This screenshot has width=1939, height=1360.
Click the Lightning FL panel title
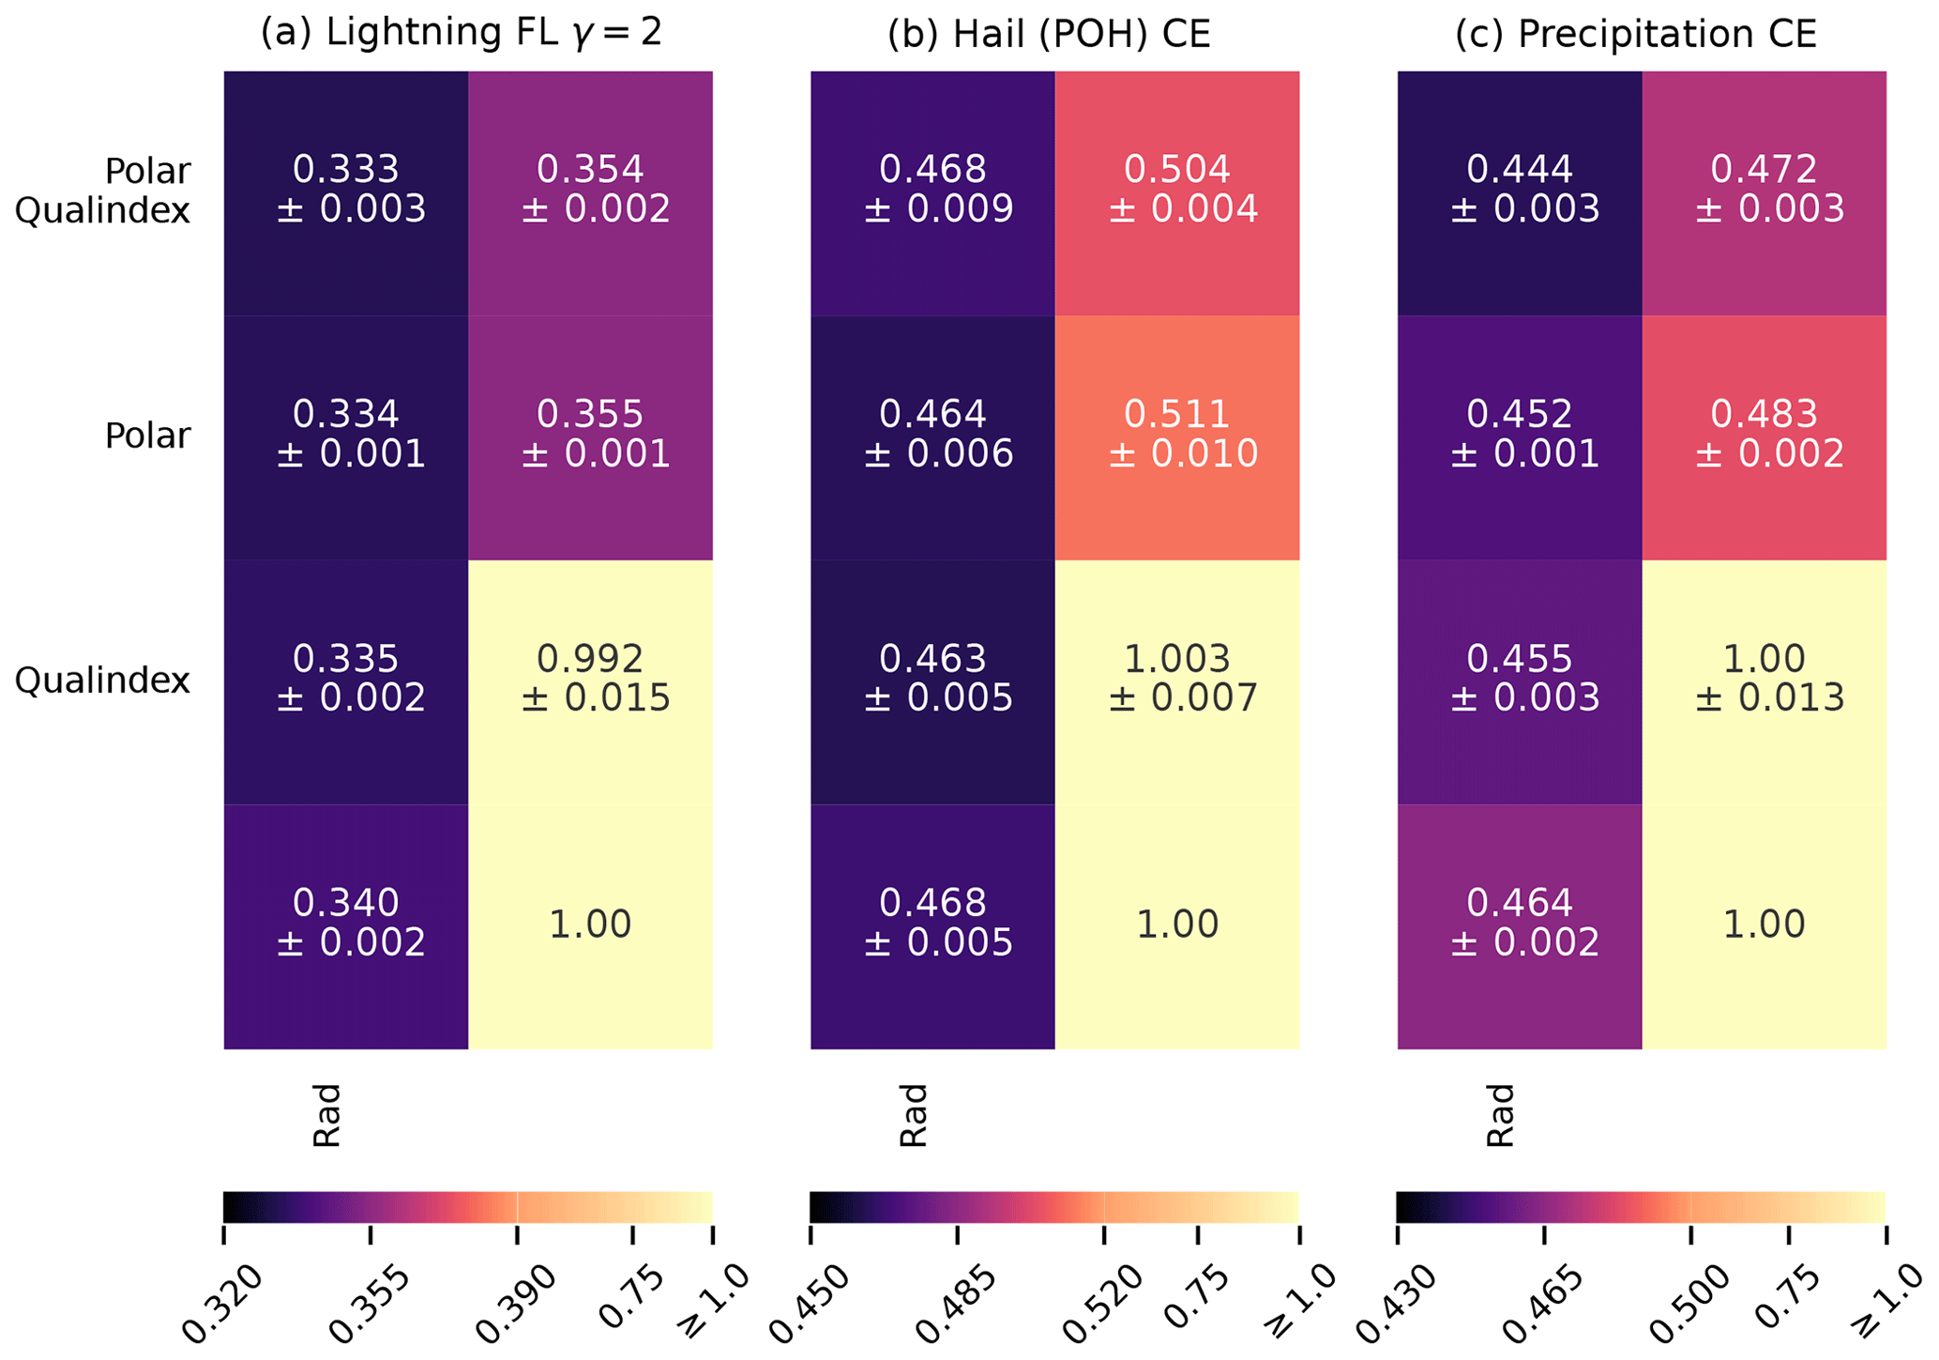pos(462,34)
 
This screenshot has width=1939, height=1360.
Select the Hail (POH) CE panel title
pos(1049,34)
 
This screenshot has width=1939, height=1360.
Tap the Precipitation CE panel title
pos(1636,34)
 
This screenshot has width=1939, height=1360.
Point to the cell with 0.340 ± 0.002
pos(346,924)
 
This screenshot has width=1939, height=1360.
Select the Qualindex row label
pos(102,680)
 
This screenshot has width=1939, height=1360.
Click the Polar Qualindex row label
pos(103,191)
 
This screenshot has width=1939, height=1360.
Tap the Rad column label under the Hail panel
pos(913,1115)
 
